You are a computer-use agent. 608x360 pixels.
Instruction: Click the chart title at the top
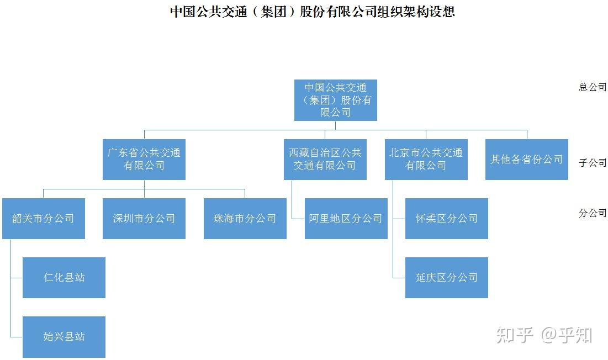click(x=312, y=12)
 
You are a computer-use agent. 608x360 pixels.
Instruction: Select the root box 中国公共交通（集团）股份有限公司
click(x=335, y=100)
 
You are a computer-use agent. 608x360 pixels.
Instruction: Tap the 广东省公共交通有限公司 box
click(x=144, y=159)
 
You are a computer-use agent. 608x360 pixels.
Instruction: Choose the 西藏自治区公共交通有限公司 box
click(x=325, y=159)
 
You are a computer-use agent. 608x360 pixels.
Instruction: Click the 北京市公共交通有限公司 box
click(x=426, y=159)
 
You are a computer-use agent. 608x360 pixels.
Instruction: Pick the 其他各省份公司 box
click(x=526, y=159)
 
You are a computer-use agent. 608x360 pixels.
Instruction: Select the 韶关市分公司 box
click(x=43, y=218)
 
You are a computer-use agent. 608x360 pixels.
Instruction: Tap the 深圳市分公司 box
click(x=144, y=218)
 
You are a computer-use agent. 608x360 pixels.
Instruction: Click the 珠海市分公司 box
click(x=245, y=218)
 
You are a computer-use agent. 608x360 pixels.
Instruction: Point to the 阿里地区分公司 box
click(x=346, y=218)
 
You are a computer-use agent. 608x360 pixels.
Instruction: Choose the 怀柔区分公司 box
click(x=446, y=218)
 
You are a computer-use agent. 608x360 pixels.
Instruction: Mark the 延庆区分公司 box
click(x=446, y=277)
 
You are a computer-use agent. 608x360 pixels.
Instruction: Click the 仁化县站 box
click(x=64, y=277)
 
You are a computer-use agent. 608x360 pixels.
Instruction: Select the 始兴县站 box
click(x=64, y=336)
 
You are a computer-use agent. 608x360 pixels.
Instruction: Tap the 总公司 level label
click(x=592, y=87)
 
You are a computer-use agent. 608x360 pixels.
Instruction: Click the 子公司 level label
click(x=592, y=163)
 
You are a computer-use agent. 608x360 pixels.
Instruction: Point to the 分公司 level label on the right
click(x=592, y=213)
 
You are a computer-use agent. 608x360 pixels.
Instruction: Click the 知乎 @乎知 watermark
click(x=544, y=335)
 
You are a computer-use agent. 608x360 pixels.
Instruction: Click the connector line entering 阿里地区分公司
click(x=298, y=219)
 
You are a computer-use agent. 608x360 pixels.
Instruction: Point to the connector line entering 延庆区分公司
click(x=399, y=278)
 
